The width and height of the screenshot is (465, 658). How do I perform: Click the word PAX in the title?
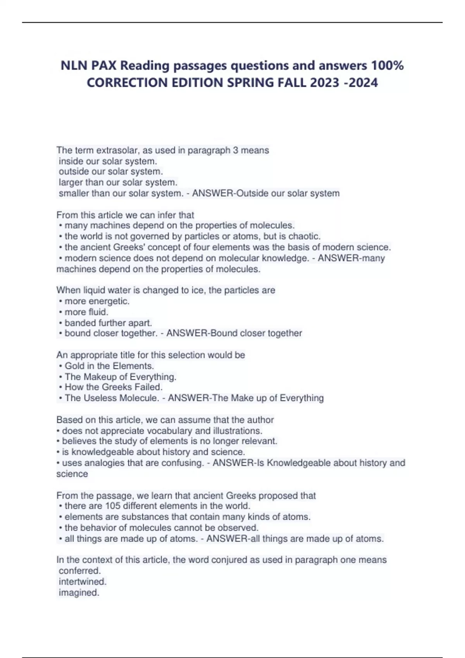tap(103, 65)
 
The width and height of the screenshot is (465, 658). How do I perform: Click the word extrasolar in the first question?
tap(117, 150)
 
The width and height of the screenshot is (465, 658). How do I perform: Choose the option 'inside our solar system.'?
tap(108, 161)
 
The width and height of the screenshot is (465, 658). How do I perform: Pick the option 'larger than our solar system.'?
tap(118, 182)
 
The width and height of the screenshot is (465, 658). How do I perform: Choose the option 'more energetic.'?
tap(97, 301)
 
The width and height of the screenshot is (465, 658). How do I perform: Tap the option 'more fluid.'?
tap(86, 312)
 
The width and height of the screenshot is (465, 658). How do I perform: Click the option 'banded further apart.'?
tap(108, 323)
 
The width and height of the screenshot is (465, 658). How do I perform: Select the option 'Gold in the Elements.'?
tap(109, 366)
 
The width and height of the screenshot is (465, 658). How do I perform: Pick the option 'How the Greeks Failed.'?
tap(113, 387)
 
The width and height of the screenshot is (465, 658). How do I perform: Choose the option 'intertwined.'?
tap(83, 581)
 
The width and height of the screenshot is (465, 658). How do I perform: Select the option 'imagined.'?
tap(79, 592)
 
